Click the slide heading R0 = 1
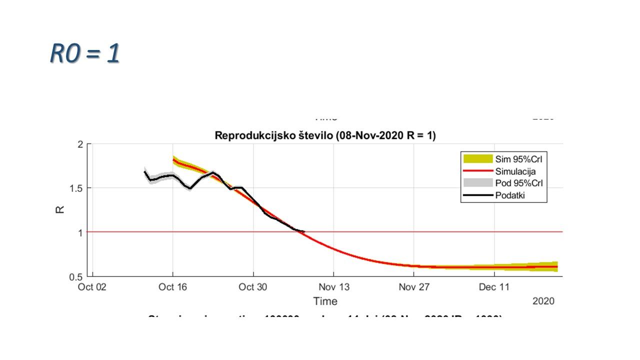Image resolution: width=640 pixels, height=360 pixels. click(85, 53)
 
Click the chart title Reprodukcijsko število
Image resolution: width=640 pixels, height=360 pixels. click(325, 135)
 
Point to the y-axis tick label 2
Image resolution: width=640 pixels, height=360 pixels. click(80, 144)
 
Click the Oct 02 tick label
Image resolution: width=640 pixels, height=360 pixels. click(93, 287)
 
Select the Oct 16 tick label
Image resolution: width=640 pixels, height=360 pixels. click(173, 287)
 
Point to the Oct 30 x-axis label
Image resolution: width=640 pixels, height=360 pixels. click(253, 287)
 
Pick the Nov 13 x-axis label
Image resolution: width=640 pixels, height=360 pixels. click(333, 287)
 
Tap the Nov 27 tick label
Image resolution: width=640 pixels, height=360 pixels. click(414, 287)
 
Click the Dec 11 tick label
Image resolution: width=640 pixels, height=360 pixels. click(494, 287)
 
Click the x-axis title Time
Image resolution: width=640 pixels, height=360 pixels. click(325, 301)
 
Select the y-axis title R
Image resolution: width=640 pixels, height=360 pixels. click(60, 210)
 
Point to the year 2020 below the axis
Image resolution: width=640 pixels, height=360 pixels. click(543, 301)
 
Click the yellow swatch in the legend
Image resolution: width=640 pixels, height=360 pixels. click(477, 159)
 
